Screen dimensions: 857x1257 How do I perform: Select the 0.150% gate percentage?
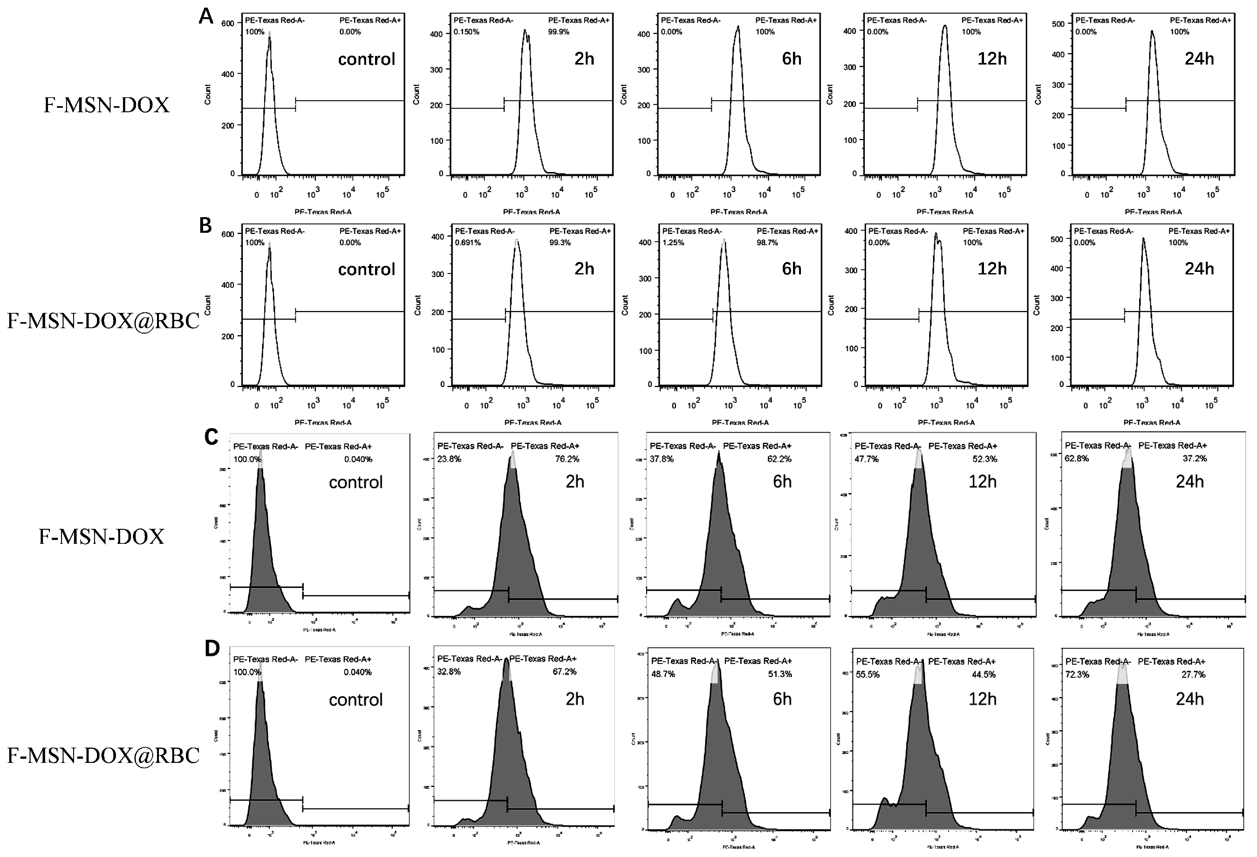[466, 32]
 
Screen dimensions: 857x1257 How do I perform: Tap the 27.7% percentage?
[1194, 675]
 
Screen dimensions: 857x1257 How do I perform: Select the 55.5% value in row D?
[868, 675]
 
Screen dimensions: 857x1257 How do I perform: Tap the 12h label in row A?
[992, 59]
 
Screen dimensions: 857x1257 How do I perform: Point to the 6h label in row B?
[791, 269]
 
